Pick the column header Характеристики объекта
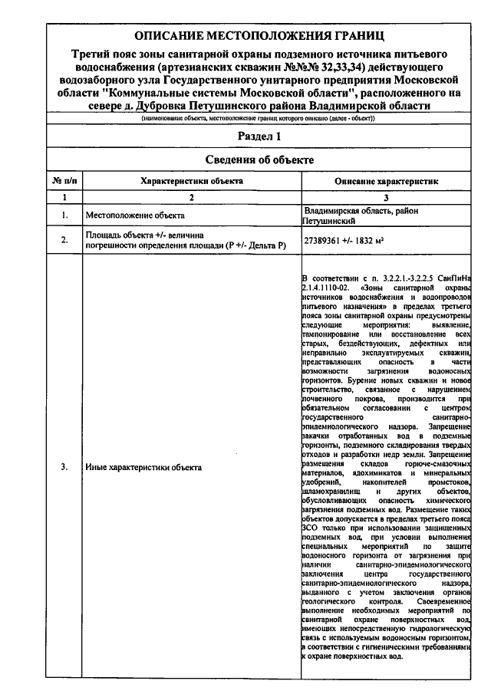[x=192, y=181]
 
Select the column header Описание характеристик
[x=386, y=181]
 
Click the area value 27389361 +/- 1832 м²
[x=344, y=241]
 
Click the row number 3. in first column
[x=64, y=466]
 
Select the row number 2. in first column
[x=64, y=241]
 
